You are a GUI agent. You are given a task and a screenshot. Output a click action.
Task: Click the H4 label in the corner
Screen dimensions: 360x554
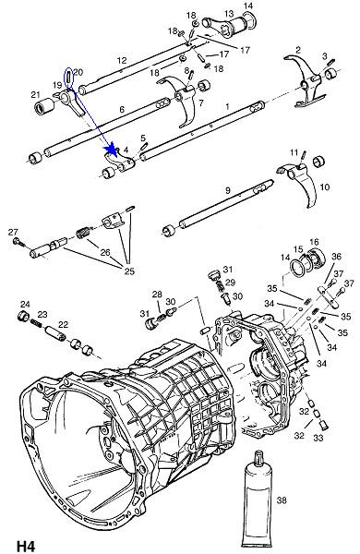point(26,546)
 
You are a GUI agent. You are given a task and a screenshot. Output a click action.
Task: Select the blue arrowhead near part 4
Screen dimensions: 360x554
point(112,149)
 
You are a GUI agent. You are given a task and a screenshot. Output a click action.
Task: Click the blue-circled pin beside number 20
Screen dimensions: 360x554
point(68,78)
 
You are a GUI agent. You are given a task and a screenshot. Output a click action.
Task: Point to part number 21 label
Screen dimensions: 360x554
point(35,95)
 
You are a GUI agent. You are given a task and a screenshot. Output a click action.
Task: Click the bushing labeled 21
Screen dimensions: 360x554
point(43,106)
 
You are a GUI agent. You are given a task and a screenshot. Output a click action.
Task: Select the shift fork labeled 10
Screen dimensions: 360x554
point(297,182)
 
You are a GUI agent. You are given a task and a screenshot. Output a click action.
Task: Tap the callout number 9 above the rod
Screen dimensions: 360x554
point(227,190)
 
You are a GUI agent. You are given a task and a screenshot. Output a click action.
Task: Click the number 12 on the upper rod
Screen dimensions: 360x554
point(122,60)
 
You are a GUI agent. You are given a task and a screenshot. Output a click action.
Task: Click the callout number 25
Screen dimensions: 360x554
point(129,271)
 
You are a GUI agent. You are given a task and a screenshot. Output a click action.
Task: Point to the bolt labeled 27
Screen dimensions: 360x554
point(18,242)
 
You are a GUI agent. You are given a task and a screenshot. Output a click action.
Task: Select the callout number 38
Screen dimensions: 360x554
point(282,500)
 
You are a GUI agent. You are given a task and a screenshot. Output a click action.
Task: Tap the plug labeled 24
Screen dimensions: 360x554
point(24,316)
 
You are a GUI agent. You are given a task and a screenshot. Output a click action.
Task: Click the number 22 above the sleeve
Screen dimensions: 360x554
point(64,324)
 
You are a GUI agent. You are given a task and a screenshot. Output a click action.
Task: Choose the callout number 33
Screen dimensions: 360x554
point(318,438)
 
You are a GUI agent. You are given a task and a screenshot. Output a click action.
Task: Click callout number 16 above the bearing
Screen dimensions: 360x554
point(314,242)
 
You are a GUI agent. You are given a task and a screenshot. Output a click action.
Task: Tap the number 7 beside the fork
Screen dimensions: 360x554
point(201,102)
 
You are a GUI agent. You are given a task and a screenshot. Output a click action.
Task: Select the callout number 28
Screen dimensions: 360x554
point(157,294)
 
